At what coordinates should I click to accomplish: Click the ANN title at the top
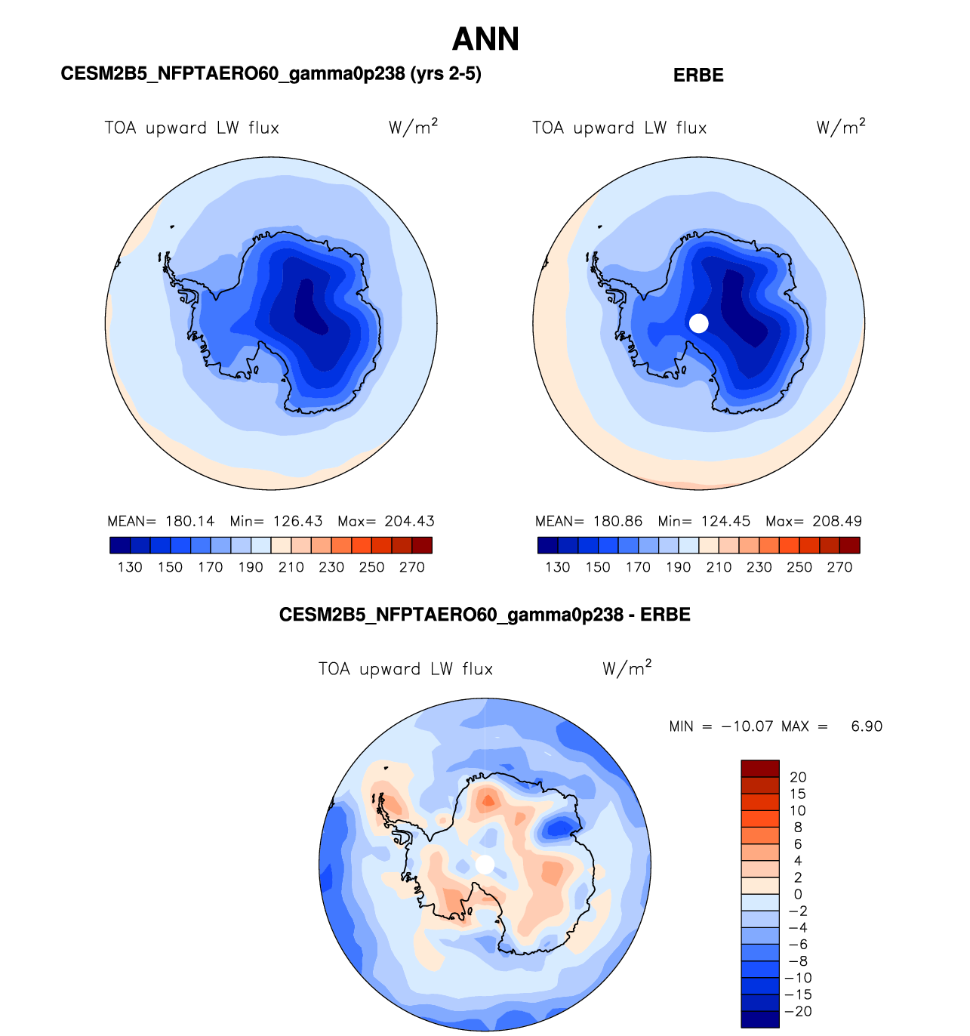(485, 39)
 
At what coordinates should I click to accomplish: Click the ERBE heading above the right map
(698, 76)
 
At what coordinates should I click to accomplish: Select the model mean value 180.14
(189, 521)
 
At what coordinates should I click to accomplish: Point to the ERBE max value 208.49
(837, 521)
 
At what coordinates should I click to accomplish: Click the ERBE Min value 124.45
(725, 521)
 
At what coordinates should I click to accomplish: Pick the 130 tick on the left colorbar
(130, 567)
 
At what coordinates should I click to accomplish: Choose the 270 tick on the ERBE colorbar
(839, 567)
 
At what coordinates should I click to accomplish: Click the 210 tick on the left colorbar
(291, 567)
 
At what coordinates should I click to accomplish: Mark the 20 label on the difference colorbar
(798, 777)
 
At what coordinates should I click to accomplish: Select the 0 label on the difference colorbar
(798, 894)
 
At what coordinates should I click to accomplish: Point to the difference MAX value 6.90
(867, 726)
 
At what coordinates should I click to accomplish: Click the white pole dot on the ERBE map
(699, 323)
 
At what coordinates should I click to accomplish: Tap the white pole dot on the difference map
(485, 865)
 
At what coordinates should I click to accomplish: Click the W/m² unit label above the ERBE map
(841, 127)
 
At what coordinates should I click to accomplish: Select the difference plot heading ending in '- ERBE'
(485, 615)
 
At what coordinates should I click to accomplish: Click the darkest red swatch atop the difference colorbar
(759, 768)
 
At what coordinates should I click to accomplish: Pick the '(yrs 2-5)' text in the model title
(445, 73)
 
